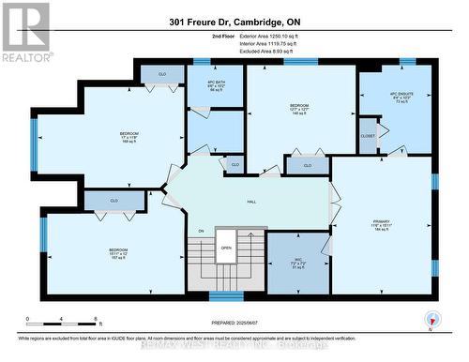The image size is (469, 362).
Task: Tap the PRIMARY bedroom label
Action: pos(380,225)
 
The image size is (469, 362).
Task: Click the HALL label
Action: pos(251,201)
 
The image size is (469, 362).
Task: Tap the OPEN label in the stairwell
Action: pos(225,248)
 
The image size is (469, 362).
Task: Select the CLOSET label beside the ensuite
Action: pos(368,137)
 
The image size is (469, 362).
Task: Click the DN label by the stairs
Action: pos(200,232)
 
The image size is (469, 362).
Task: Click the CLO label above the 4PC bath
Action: pos(161,72)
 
